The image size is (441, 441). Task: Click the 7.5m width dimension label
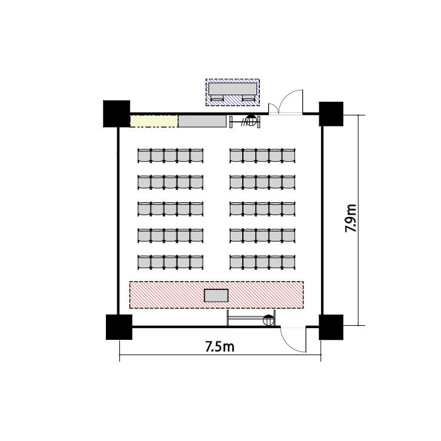click(x=220, y=346)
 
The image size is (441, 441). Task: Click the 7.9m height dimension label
click(x=350, y=218)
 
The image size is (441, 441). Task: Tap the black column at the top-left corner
click(x=116, y=113)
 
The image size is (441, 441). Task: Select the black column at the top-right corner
click(x=331, y=114)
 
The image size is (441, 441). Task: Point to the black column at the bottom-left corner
click(x=119, y=327)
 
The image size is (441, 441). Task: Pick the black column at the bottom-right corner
click(x=331, y=327)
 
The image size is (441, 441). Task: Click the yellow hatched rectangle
click(x=154, y=121)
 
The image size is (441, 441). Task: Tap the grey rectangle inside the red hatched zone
click(x=216, y=296)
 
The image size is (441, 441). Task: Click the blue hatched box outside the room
click(x=233, y=92)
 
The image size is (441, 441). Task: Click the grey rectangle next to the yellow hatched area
click(x=202, y=121)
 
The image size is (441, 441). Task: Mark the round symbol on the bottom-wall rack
click(x=268, y=320)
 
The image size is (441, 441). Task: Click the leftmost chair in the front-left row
click(x=144, y=262)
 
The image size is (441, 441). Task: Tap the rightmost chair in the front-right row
click(x=289, y=262)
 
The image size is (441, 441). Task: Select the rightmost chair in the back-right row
click(x=289, y=156)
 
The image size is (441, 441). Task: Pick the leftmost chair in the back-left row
click(x=144, y=156)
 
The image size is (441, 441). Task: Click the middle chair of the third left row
click(x=171, y=209)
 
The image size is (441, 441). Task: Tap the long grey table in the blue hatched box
click(x=233, y=89)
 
